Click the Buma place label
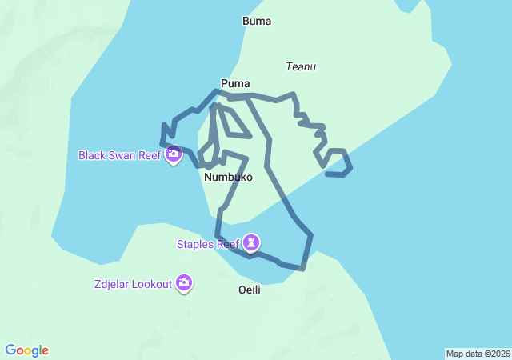[x=257, y=22]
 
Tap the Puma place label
[x=235, y=83]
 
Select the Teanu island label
[x=301, y=67]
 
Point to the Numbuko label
[x=228, y=177]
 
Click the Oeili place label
[x=250, y=290]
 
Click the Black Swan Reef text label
[x=120, y=154]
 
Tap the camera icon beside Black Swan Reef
[x=174, y=154]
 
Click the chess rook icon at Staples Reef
[x=253, y=242]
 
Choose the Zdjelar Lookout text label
[x=133, y=283]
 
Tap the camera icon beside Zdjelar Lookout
[x=185, y=282]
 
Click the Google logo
[x=26, y=350]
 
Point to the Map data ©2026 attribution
[x=478, y=354]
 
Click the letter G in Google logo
[x=10, y=350]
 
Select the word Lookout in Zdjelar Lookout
[x=152, y=283]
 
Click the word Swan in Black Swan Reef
[x=123, y=154]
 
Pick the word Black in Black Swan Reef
[x=93, y=154]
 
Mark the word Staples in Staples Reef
[x=196, y=243]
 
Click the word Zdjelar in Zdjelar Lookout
[x=112, y=283]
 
